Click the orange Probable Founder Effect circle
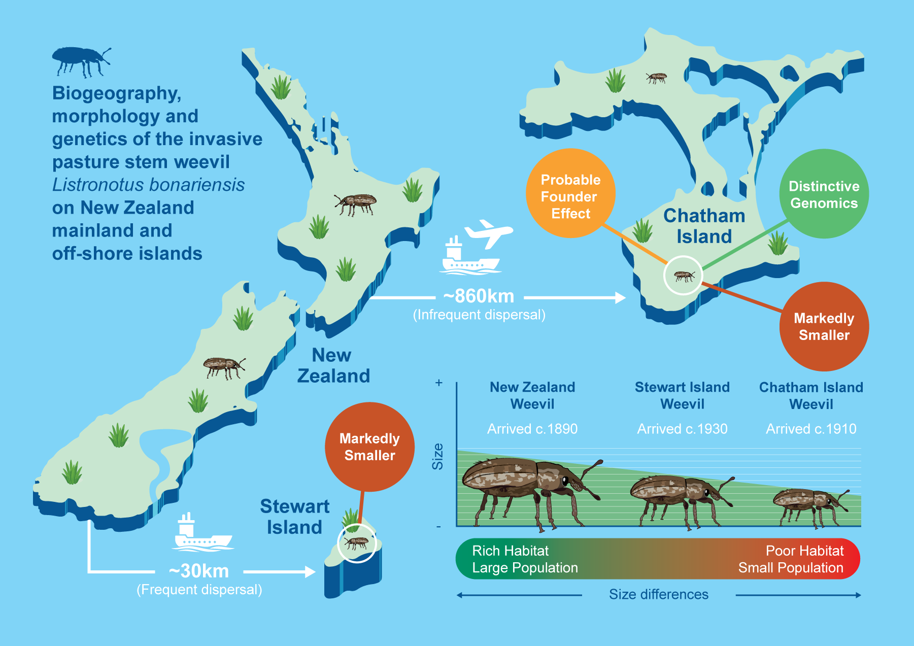570,194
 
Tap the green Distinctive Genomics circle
824,194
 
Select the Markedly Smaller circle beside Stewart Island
369,447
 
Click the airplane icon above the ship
488,233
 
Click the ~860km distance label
479,296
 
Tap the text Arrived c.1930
682,429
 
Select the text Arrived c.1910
810,429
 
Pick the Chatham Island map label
704,226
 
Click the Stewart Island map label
294,517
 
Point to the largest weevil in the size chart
530,490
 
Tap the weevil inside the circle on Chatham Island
684,276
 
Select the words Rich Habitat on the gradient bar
510,551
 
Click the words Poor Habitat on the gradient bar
804,551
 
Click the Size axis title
437,456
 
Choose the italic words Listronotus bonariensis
148,185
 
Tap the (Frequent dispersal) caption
199,590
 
